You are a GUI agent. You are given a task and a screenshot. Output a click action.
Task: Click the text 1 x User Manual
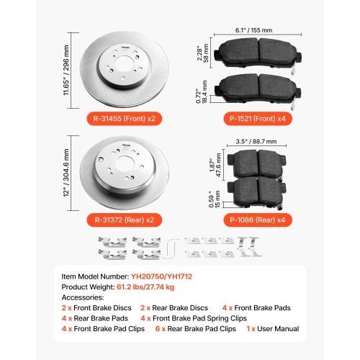(273, 329)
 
